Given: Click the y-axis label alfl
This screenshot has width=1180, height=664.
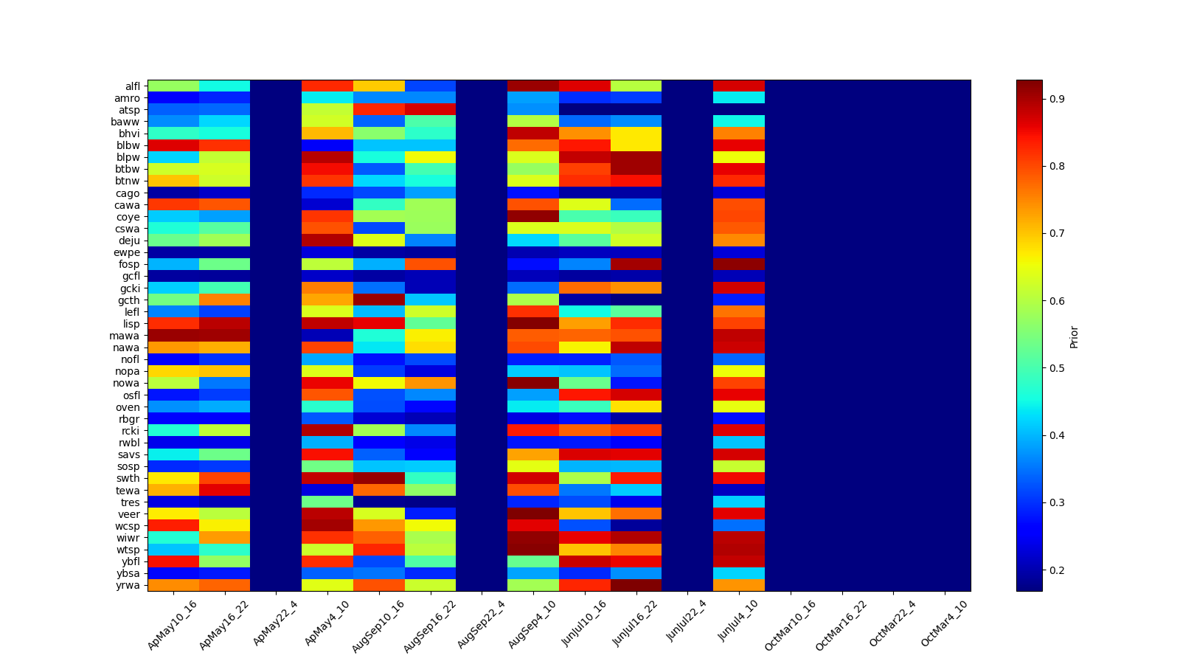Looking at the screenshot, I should coord(131,86).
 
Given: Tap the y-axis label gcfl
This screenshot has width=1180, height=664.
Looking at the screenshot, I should coord(131,276).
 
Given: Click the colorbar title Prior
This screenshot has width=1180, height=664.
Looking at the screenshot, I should coord(1074,336).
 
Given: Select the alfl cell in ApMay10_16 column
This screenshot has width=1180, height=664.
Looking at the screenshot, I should coord(173,86).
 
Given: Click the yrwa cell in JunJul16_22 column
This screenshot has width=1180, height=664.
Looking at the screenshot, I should coord(636,585).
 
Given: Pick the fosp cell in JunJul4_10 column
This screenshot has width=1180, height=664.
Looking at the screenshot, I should coord(739,264).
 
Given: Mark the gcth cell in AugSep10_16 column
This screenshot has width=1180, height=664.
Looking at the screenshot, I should coord(379,300).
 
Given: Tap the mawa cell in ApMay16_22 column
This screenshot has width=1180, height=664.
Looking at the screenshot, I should coord(224,336).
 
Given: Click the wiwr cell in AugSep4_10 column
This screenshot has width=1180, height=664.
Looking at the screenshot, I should coord(533,538).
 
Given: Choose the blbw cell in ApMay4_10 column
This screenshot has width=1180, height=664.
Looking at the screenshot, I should coord(327,145).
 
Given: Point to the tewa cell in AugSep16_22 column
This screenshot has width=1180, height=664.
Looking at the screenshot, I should coord(430,490).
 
